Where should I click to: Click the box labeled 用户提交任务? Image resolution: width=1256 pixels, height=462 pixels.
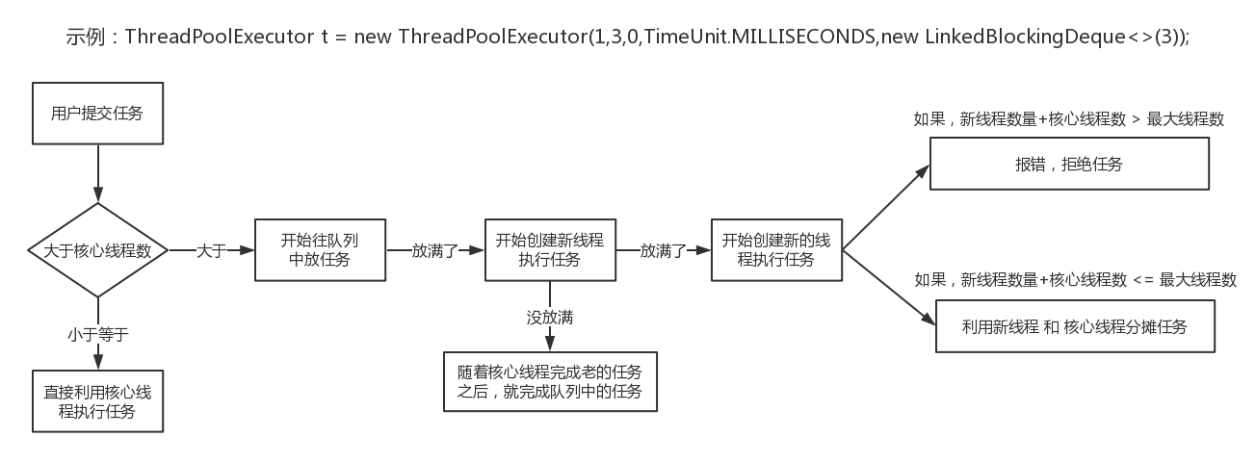coord(96,114)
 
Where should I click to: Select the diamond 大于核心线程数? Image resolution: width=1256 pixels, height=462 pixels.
coord(97,250)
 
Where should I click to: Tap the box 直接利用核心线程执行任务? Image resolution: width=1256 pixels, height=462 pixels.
coord(96,401)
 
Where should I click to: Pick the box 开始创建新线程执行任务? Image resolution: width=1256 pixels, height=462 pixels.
coord(549,249)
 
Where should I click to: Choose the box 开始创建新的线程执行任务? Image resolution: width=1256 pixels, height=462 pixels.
coord(775,249)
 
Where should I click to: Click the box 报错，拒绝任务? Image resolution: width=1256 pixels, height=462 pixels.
coord(1068,164)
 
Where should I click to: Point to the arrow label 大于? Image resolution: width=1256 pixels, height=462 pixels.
coord(211,250)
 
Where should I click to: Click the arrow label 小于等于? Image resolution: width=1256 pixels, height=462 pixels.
coord(97,334)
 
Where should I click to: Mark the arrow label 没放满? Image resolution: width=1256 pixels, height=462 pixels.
coord(549,317)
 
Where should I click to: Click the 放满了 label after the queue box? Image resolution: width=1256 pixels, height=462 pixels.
coord(434,250)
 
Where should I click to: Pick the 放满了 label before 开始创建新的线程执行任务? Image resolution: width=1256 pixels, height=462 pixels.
coord(663,250)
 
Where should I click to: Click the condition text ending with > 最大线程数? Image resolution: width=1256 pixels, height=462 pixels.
coord(1067,120)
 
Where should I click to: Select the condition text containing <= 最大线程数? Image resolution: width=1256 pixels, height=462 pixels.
coord(1074,280)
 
